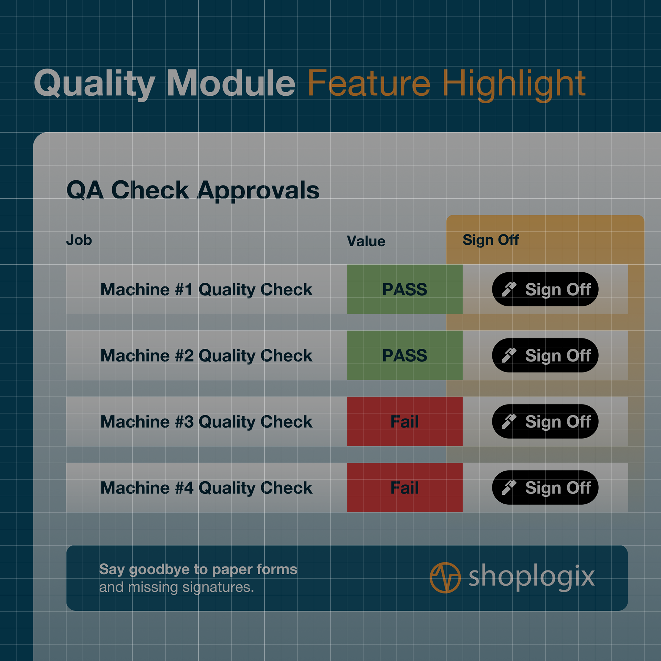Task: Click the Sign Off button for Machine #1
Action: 545,289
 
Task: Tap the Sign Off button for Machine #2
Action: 545,355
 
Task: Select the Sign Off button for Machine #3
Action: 545,421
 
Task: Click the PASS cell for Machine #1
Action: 405,289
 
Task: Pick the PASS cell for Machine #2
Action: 405,355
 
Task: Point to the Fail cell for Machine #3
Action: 405,421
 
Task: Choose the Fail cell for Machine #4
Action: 405,487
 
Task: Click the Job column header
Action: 79,240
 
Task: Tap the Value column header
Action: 366,241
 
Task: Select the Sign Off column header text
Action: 491,240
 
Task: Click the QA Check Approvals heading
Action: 193,191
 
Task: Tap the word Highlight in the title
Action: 514,85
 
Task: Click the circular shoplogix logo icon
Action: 445,578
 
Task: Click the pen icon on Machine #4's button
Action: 509,487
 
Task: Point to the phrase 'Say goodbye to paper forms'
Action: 198,570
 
